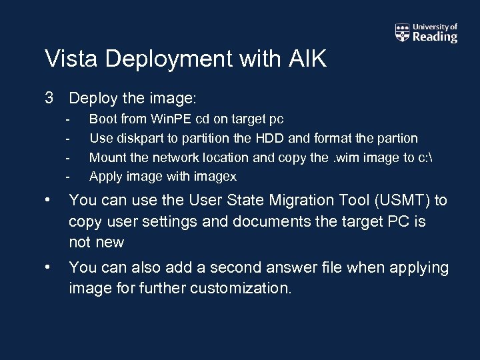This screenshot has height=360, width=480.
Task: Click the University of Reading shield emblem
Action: tap(402, 33)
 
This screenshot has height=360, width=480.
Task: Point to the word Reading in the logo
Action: tap(435, 37)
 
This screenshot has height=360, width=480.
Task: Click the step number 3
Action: tap(49, 98)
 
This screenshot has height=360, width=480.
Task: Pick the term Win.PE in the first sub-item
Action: tap(170, 119)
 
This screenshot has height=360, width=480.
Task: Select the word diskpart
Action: tap(134, 139)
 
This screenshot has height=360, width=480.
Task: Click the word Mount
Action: tap(107, 157)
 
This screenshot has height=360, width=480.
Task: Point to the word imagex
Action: tap(216, 177)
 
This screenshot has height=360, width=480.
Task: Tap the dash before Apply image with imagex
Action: tap(67, 177)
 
